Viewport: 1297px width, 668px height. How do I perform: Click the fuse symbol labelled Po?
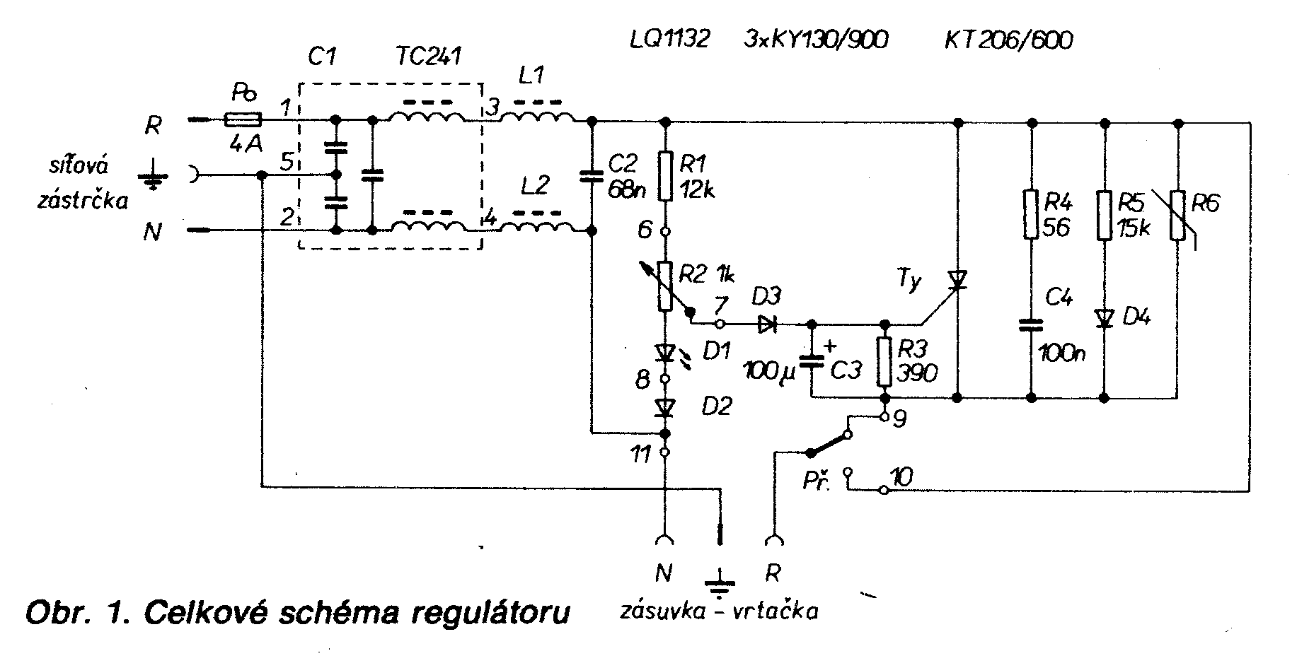coord(242,120)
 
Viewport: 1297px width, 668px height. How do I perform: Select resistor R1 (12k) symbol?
coord(664,175)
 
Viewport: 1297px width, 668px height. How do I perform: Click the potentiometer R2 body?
coord(664,286)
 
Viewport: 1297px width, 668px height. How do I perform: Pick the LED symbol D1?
coord(664,352)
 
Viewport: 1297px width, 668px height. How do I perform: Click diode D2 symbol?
coord(664,407)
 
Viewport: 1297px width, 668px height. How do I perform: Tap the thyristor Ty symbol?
coord(958,281)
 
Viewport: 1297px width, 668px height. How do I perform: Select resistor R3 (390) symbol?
coord(884,362)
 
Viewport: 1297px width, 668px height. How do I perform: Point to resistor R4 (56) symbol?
coord(1031,213)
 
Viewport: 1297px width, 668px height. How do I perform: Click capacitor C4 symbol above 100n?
coord(1031,324)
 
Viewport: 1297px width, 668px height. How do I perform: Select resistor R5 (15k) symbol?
coord(1105,213)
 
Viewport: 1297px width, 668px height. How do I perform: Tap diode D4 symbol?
coord(1105,318)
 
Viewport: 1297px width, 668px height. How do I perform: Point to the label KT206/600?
coord(1009,40)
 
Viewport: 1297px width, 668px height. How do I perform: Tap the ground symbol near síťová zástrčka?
coord(150,175)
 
